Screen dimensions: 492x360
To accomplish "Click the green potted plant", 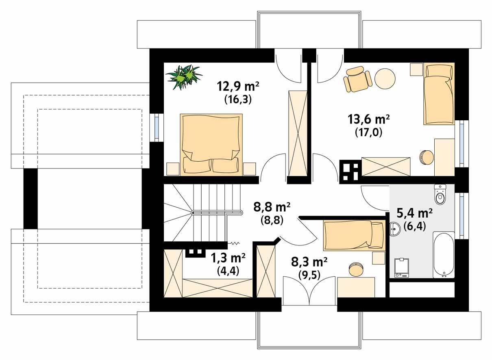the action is click(184, 77).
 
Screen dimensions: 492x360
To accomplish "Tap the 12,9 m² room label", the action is click(238, 86).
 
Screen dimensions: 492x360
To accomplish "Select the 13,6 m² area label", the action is click(368, 119).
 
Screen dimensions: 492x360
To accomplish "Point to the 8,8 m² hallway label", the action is click(272, 207).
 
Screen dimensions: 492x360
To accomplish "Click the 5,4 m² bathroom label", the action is click(415, 213).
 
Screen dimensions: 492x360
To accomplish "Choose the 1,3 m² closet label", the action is click(228, 258).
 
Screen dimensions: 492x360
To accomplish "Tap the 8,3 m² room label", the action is click(309, 262).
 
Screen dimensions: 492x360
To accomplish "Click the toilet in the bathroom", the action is click(440, 195).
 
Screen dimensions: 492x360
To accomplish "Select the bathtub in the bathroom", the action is click(444, 255).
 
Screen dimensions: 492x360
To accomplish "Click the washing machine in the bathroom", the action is click(402, 268).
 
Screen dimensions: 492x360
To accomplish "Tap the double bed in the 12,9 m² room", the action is click(211, 144).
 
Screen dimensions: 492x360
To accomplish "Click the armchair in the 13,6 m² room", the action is click(358, 79).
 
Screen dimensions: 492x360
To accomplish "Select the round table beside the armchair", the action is click(385, 79).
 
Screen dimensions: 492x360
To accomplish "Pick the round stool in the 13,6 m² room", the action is click(427, 157).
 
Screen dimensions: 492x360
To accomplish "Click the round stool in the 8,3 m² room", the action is click(356, 269).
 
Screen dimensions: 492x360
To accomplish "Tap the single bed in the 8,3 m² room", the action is click(354, 236).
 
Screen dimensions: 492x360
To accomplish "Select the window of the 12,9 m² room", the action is click(157, 128).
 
